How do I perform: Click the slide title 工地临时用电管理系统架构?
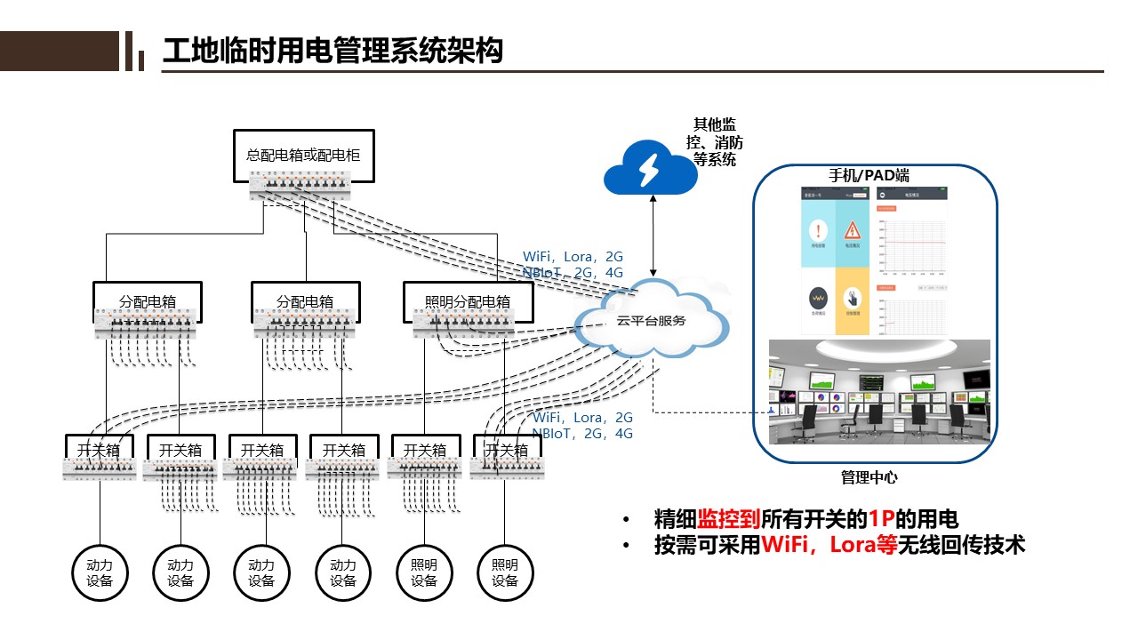(333, 51)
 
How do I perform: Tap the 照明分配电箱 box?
(462, 302)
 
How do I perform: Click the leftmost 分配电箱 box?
(148, 302)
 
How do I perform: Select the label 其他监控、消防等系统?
(715, 142)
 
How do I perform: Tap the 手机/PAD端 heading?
(869, 175)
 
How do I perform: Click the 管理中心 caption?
(869, 477)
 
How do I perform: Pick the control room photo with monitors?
(879, 391)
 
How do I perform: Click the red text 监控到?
(729, 520)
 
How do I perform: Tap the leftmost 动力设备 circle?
(100, 572)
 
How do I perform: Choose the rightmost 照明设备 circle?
(505, 572)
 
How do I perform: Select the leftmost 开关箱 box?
(99, 450)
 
